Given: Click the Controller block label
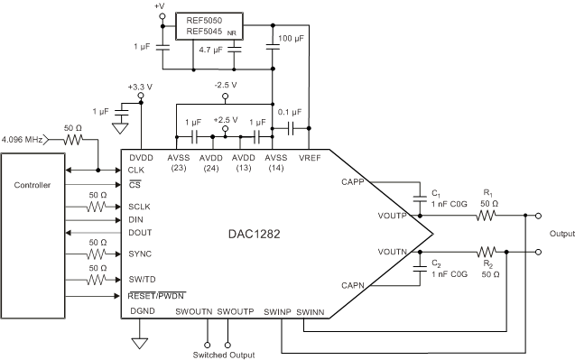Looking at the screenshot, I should click(x=32, y=186).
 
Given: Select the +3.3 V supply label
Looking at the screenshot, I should click(x=137, y=87).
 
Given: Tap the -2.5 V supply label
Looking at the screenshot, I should click(x=225, y=86).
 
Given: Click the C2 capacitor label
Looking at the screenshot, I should click(x=436, y=263).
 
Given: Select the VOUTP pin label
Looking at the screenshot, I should click(x=393, y=216).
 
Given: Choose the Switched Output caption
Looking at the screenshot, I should click(x=218, y=355).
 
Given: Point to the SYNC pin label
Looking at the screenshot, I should click(x=139, y=255).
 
